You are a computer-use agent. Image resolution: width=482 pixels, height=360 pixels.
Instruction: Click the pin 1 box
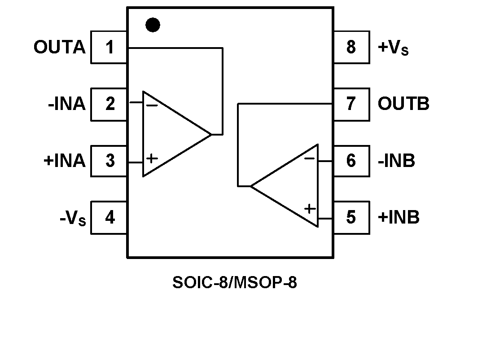109,47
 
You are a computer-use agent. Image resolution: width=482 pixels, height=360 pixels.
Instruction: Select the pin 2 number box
109,104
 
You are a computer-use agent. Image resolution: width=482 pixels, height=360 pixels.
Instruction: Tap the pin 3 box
109,161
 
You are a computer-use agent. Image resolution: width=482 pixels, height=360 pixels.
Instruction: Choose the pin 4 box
109,218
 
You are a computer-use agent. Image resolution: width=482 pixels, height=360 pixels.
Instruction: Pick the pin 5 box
351,218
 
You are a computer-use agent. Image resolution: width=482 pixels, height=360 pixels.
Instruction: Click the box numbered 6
351,161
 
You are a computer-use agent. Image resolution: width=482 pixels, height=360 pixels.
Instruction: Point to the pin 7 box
351,104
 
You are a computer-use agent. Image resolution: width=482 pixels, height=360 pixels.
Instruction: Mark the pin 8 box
351,47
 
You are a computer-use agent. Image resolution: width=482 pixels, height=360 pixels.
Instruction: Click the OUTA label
59,47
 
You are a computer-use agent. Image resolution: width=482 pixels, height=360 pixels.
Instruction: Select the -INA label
66,104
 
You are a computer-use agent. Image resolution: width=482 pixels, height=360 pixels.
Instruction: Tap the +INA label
64,161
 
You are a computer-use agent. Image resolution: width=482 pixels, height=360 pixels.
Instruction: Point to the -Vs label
72,219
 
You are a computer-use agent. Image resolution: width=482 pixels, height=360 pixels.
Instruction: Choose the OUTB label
403,104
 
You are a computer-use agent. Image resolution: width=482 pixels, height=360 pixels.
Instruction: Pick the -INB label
396,161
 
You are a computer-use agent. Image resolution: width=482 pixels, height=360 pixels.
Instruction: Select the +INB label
399,218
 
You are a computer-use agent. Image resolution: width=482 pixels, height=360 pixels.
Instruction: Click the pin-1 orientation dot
153,25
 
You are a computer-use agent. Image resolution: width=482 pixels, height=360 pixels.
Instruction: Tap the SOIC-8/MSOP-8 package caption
234,283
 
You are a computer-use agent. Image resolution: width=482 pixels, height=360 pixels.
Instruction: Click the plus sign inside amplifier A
153,158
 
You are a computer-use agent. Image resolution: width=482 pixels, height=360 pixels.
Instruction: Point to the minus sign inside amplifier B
309,158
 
